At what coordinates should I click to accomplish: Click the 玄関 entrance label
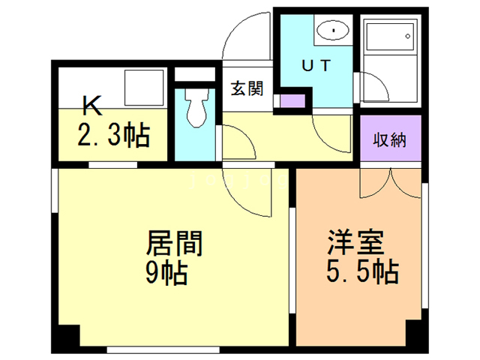(x=246, y=88)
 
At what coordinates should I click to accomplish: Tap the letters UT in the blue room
(x=316, y=65)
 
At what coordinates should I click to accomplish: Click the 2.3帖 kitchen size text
(x=114, y=136)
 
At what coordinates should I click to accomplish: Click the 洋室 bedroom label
(x=355, y=243)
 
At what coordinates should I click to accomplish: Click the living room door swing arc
(x=247, y=191)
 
